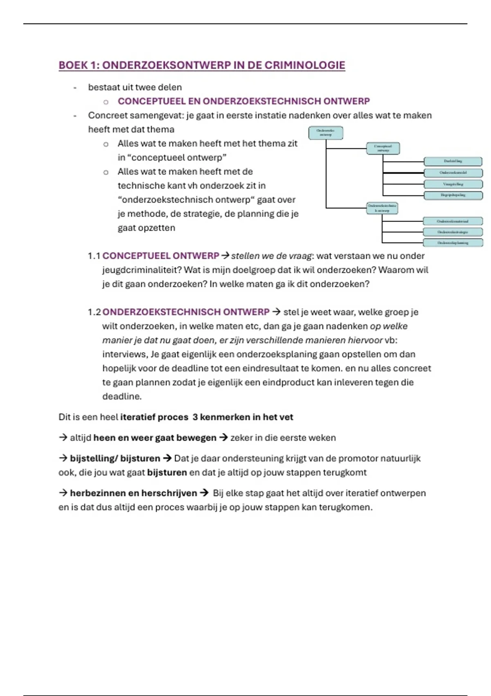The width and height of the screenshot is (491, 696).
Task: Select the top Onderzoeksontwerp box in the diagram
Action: point(326,133)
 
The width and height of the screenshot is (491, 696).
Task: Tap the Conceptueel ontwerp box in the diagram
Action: point(383,148)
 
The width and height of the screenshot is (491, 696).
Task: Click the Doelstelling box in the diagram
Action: point(453,161)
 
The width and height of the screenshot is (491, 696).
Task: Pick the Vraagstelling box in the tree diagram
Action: point(453,184)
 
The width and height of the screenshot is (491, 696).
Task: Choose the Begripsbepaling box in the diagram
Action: point(453,195)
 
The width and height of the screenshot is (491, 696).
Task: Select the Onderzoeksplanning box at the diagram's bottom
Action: point(453,243)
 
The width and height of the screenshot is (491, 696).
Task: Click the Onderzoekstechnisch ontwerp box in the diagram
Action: point(382,208)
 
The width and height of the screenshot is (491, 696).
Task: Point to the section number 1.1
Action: point(94,256)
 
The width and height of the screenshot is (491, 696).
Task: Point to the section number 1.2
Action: point(94,312)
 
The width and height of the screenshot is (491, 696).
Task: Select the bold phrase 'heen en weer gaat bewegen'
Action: point(155,438)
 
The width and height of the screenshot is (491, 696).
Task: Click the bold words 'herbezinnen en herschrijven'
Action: point(133,493)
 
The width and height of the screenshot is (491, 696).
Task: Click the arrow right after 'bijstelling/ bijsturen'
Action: point(167,458)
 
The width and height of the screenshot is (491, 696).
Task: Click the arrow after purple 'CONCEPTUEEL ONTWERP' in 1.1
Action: point(225,256)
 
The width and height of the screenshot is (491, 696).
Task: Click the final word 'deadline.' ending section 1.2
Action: point(122,396)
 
